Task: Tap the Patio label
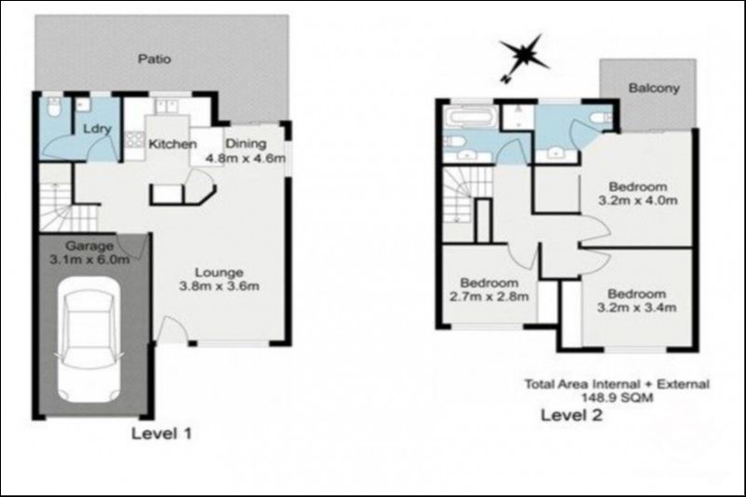coord(154,59)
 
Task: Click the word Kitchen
coord(173,145)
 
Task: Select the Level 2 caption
coord(572,415)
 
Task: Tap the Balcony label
coord(653,90)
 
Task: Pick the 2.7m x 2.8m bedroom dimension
coord(490,297)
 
